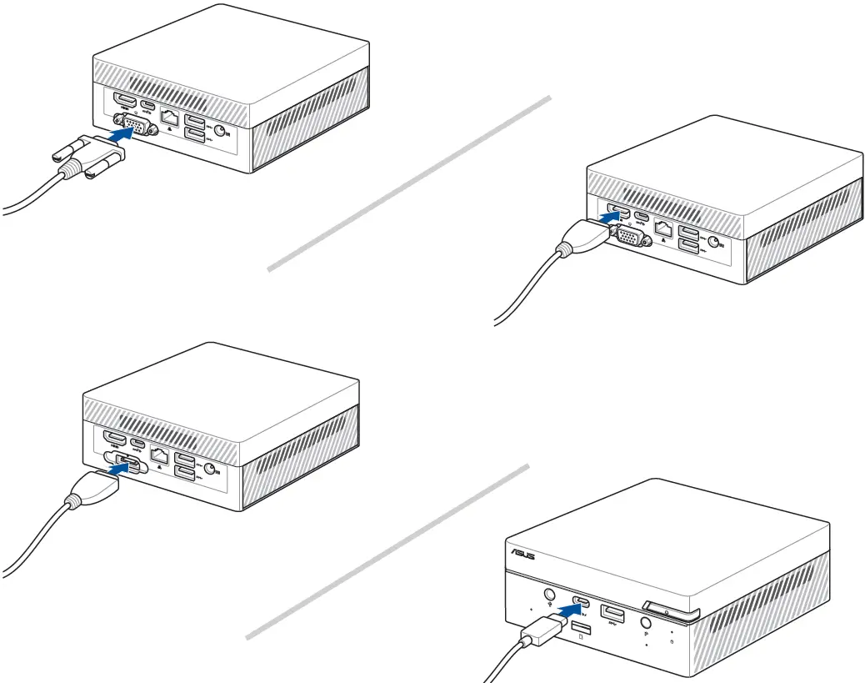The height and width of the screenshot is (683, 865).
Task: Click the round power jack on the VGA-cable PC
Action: point(221,131)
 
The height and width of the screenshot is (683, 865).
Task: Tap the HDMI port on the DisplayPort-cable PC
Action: point(114,439)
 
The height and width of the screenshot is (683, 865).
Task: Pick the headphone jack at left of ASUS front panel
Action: point(549,595)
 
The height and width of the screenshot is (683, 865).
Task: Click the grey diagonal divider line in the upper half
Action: point(408,183)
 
